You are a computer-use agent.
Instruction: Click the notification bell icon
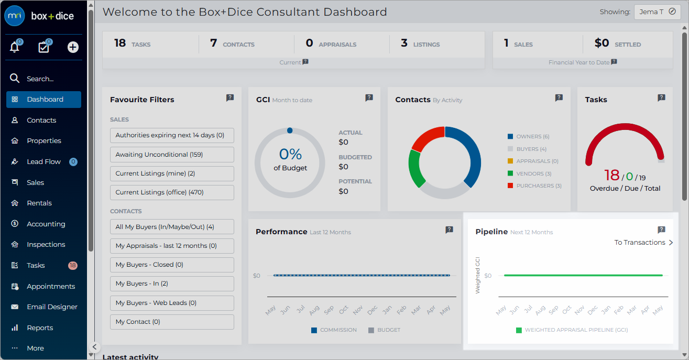(x=15, y=47)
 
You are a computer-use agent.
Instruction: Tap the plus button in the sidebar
(x=73, y=47)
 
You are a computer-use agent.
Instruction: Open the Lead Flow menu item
(x=43, y=161)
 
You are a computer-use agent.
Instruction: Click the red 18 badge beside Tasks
(x=73, y=265)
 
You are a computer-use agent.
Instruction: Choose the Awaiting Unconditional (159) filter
(x=172, y=155)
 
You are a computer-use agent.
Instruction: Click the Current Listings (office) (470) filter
(x=172, y=192)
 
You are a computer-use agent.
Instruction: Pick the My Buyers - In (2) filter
(x=172, y=283)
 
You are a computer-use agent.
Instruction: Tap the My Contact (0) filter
(x=172, y=322)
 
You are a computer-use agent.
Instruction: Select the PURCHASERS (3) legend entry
(x=534, y=186)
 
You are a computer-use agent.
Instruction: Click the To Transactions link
(x=643, y=243)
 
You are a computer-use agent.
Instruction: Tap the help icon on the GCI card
(x=369, y=98)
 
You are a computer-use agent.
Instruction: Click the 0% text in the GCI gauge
(x=290, y=154)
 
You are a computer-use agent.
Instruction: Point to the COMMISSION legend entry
(x=334, y=330)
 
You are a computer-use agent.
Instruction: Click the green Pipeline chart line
(x=583, y=276)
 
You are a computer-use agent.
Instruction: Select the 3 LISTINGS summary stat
(x=420, y=43)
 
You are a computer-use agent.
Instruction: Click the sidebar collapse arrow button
(x=94, y=347)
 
